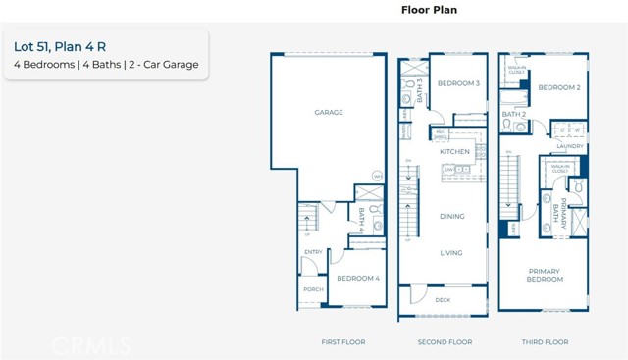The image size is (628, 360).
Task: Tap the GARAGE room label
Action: click(x=329, y=113)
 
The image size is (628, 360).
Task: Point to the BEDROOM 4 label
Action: click(x=357, y=278)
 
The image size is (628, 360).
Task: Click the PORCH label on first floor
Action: click(x=312, y=289)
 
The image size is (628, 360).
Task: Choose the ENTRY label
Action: click(x=313, y=252)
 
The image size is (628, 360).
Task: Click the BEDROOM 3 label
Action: click(x=458, y=83)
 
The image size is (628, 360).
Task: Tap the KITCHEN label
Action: click(x=455, y=152)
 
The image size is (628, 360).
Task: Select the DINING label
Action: click(x=451, y=216)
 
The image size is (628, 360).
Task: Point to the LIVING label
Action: click(x=451, y=253)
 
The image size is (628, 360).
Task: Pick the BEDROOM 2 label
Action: click(x=559, y=87)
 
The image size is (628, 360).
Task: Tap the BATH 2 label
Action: click(x=515, y=114)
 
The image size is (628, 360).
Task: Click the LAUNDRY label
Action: click(x=569, y=146)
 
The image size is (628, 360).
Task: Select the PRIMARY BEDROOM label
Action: click(x=546, y=275)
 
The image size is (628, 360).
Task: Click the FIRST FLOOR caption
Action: click(x=342, y=342)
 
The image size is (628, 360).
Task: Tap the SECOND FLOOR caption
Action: click(x=445, y=342)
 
